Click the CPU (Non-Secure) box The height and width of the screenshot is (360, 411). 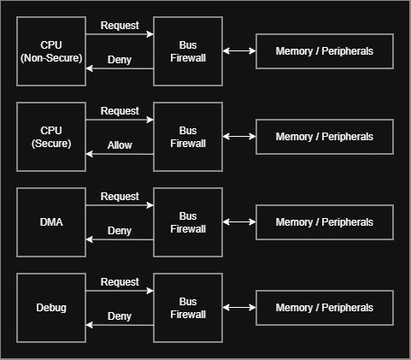(51, 51)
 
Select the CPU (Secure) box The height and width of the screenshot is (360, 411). (51, 137)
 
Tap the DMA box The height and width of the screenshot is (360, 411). (51, 222)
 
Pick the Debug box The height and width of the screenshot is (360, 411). (51, 308)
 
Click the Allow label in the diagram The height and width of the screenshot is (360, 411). (120, 145)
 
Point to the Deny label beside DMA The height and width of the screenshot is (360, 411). (120, 231)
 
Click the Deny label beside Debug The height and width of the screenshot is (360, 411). (120, 316)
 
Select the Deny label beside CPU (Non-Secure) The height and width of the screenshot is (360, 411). (120, 60)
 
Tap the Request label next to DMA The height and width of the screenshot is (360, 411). (120, 197)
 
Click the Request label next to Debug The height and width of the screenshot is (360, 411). (120, 282)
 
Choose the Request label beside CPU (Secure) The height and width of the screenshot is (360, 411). (120, 111)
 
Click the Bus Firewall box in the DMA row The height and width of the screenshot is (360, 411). (188, 222)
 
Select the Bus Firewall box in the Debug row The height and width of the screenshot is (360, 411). (188, 308)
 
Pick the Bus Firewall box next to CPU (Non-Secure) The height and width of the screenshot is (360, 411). (188, 51)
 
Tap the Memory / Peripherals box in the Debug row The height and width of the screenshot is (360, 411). (325, 308)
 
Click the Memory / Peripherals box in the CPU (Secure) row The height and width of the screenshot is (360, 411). (325, 137)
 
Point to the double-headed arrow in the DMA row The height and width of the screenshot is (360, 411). (239, 222)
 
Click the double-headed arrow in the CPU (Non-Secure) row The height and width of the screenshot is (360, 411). (239, 51)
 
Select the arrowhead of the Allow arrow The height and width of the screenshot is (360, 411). (89, 154)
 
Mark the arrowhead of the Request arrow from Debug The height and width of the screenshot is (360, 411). (150, 291)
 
